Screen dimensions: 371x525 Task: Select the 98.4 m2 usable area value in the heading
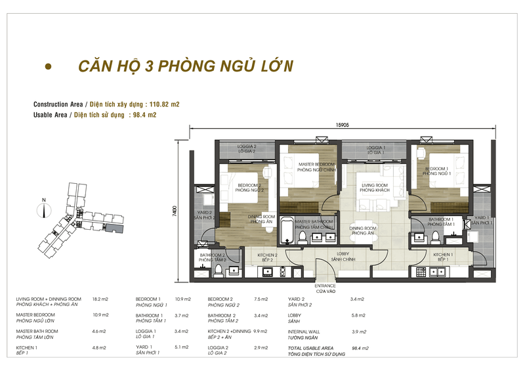(x=144, y=115)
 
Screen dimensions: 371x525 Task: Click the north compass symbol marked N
(x=43, y=209)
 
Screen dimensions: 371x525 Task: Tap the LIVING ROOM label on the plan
(x=374, y=185)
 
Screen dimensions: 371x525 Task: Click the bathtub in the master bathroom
(x=287, y=231)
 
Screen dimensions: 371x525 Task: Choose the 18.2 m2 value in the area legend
(x=100, y=299)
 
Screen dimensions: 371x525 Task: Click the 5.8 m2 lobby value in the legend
(x=358, y=315)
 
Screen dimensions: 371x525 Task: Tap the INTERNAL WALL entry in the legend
(x=305, y=331)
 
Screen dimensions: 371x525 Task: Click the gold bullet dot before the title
(x=47, y=67)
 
